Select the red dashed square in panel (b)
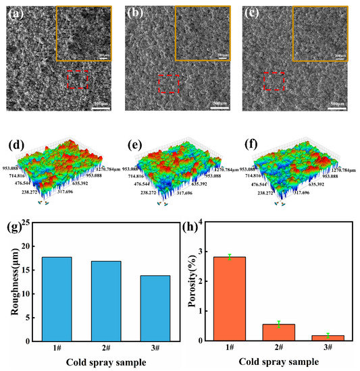pos(168,84)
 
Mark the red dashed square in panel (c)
pos(274,81)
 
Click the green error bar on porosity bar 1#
pos(230,256)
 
